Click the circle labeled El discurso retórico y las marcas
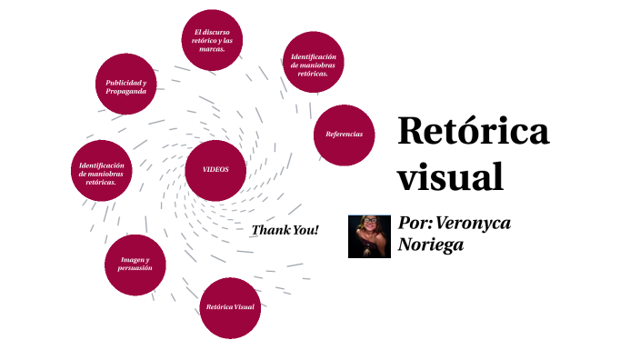(212, 40)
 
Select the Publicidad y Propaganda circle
(126, 86)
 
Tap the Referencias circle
(344, 135)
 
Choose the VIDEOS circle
(215, 170)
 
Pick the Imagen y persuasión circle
(135, 265)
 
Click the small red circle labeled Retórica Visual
(230, 307)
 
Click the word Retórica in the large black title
(473, 133)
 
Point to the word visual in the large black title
(450, 175)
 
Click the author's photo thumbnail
(369, 236)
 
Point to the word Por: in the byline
(415, 224)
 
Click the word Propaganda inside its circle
(126, 91)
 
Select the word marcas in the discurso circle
(212, 49)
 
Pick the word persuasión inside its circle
(135, 269)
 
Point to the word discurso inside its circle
(215, 32)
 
